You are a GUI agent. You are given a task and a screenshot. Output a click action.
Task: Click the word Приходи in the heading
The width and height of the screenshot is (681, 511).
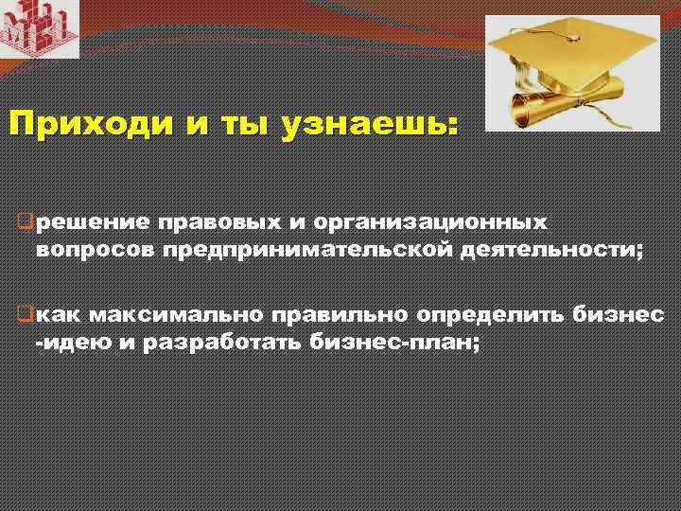[x=72, y=124]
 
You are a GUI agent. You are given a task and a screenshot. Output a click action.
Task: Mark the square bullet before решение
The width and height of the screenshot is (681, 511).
[x=27, y=223]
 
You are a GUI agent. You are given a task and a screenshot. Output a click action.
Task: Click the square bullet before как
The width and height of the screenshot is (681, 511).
[x=27, y=314]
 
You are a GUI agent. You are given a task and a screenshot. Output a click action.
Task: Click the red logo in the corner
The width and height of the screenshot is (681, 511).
[x=39, y=28]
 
